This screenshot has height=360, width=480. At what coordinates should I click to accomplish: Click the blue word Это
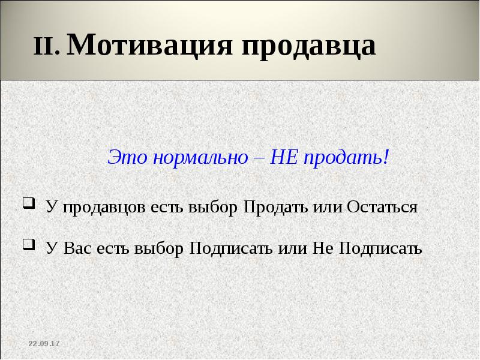pos(127,158)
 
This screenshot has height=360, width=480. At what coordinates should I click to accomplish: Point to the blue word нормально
pos(200,158)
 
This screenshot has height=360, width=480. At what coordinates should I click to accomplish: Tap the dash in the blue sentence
pos(259,159)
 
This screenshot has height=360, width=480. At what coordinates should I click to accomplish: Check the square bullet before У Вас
pos(27,244)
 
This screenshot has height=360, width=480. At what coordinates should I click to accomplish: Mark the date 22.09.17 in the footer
pos(44,343)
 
